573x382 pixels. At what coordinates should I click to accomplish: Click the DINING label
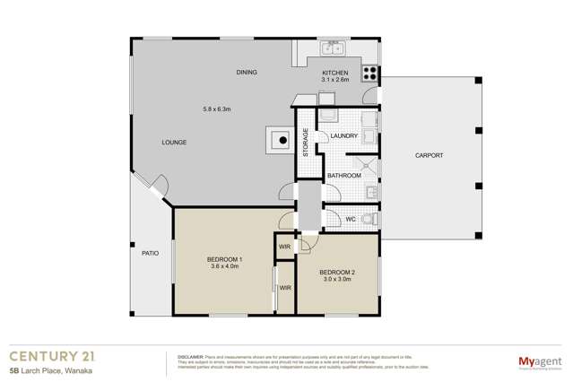(247, 72)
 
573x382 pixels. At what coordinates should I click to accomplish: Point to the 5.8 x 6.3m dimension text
(217, 109)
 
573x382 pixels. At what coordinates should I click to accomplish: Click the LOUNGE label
(174, 143)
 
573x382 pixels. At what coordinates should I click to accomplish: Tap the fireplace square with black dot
(281, 139)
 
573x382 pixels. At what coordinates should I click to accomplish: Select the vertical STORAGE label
(305, 143)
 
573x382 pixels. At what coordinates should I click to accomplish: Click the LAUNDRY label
(343, 136)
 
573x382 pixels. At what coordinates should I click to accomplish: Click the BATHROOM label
(343, 176)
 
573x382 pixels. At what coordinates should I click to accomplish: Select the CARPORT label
(429, 155)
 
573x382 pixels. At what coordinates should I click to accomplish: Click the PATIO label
(150, 254)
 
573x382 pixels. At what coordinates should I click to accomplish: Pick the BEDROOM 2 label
(337, 272)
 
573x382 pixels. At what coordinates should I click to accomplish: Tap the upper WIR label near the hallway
(284, 246)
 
